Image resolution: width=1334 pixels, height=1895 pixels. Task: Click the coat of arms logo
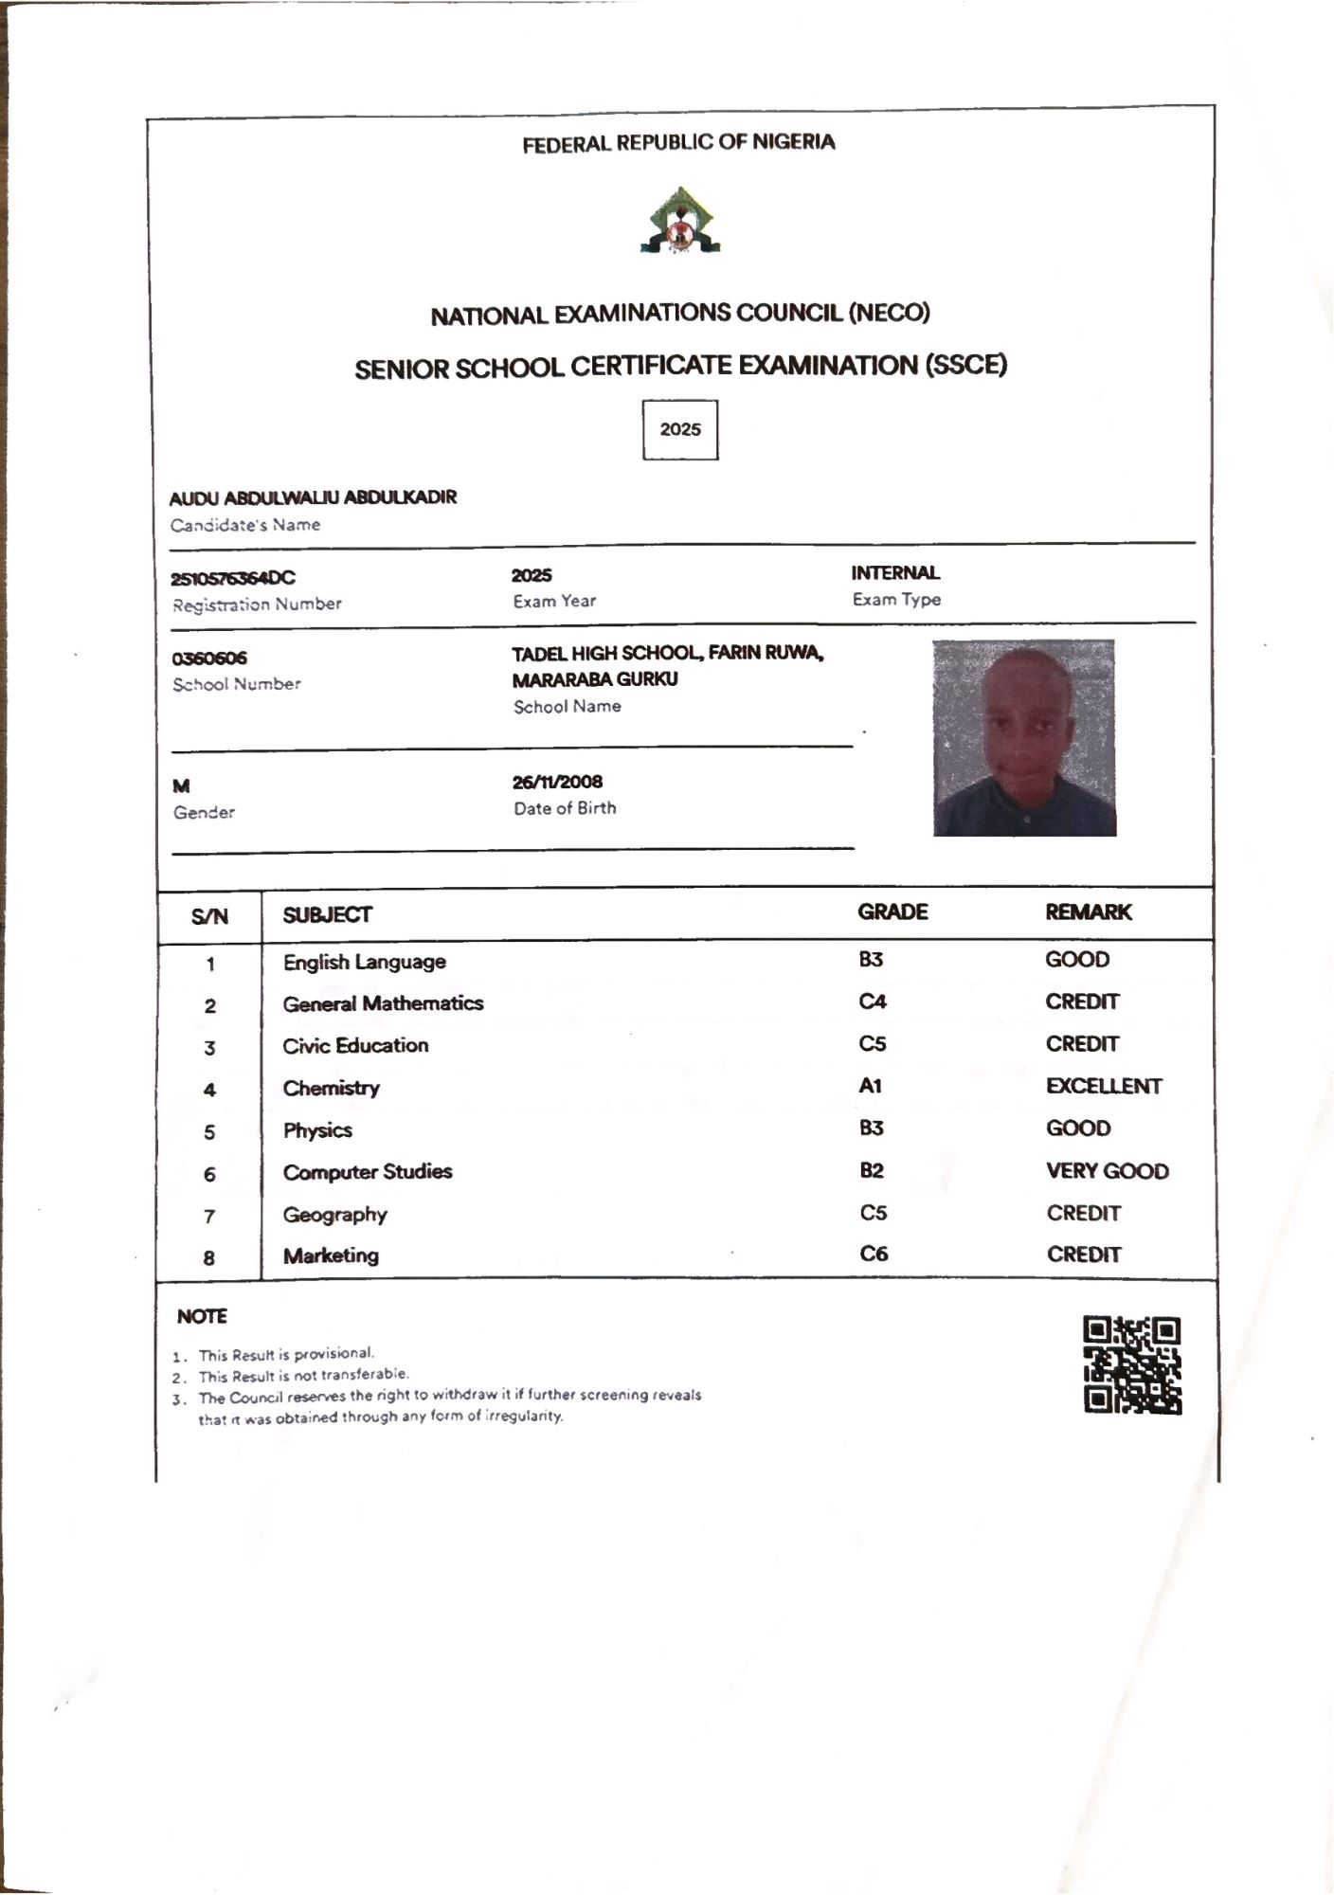(679, 221)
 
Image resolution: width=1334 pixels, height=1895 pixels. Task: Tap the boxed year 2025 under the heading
(680, 429)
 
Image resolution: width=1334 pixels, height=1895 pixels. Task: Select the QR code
(1132, 1364)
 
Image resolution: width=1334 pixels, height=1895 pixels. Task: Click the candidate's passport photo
(1024, 738)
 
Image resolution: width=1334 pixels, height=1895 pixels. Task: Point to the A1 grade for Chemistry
(871, 1086)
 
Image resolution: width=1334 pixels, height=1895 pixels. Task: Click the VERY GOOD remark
(1107, 1171)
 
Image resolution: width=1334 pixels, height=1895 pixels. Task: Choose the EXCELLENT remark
(1104, 1086)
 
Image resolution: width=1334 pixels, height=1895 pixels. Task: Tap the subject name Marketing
(331, 1255)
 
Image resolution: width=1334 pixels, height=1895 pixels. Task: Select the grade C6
(874, 1254)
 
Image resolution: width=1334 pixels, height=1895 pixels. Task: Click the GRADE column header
(892, 911)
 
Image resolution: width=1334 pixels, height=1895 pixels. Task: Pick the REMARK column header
(1089, 911)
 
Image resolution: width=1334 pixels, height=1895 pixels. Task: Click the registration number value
(233, 578)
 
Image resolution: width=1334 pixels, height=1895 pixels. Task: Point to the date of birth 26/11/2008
(557, 782)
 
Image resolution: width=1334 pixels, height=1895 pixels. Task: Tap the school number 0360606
(209, 659)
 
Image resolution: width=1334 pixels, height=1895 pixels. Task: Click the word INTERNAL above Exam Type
(895, 572)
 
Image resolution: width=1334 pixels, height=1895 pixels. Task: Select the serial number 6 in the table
(209, 1174)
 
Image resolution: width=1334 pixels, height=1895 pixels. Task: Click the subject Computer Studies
(368, 1172)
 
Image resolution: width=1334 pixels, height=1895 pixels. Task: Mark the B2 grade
(872, 1170)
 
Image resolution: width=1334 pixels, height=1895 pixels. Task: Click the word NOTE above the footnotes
(202, 1316)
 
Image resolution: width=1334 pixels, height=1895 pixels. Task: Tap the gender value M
(181, 785)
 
